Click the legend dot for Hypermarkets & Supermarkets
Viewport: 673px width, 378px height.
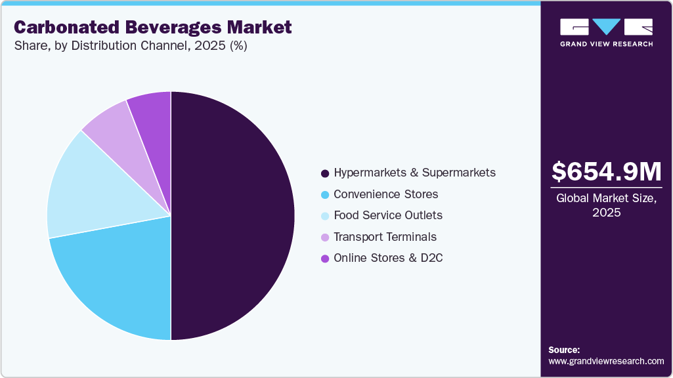[324, 173]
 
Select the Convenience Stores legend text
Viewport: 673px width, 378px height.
[385, 194]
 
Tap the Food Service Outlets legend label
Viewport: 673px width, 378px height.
[387, 215]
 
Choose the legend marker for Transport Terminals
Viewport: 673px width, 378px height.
[324, 238]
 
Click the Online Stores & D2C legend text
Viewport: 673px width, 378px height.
[387, 258]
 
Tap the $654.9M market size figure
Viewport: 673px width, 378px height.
[606, 171]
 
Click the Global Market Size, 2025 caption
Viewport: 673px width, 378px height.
[606, 205]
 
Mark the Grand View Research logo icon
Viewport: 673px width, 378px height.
[606, 26]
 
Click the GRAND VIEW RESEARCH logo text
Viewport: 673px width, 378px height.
[606, 43]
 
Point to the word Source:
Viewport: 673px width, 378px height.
[564, 350]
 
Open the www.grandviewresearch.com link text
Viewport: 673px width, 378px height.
[606, 361]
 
